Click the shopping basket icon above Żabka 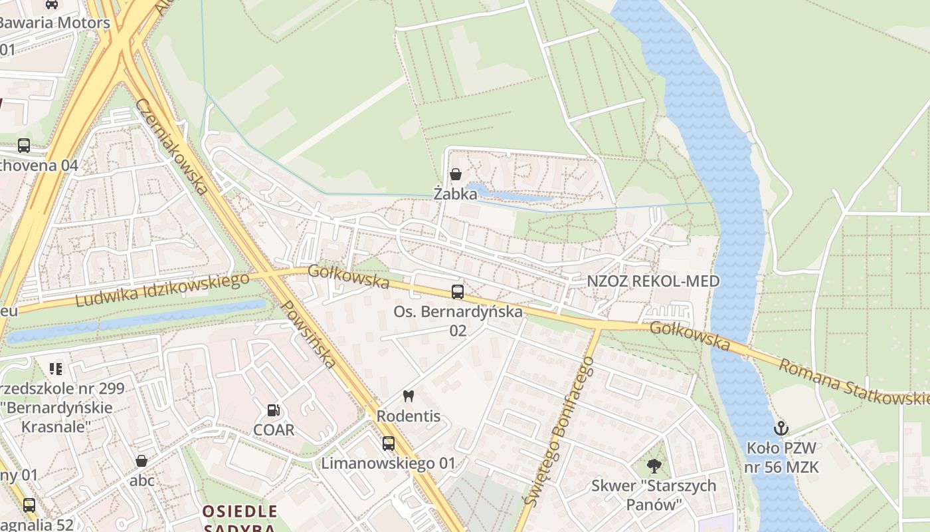pos(456,175)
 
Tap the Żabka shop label pos(456,194)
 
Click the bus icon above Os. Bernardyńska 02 pos(457,291)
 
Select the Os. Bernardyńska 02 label pos(458,321)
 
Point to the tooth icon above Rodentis pos(408,396)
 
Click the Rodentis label pos(409,416)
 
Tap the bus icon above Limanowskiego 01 pos(388,443)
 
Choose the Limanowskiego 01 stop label pos(389,464)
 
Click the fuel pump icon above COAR pos(273,410)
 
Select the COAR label pos(274,430)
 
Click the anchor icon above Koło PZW pos(781,428)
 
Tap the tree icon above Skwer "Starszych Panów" pos(654,466)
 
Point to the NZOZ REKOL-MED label pos(653,281)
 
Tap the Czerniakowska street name pos(172,146)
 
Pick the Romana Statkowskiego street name pos(854,383)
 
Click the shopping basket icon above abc pos(141,461)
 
